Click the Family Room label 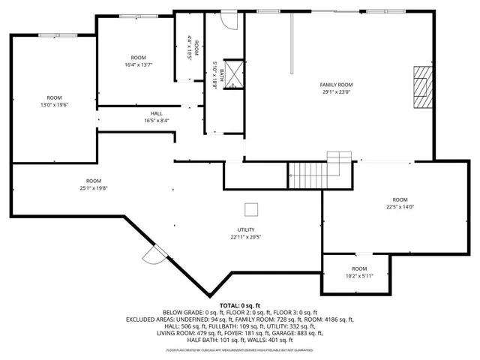click(x=337, y=85)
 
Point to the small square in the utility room click(x=252, y=209)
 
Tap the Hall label click(x=156, y=113)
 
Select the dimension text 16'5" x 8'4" click(x=156, y=120)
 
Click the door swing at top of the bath click(x=230, y=20)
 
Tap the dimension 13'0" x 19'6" click(x=54, y=105)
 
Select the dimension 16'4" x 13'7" click(x=138, y=65)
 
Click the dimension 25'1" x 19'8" click(x=93, y=188)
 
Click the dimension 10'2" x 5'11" click(x=359, y=275)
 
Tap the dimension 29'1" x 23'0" click(x=337, y=92)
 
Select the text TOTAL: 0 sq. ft click(x=240, y=305)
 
